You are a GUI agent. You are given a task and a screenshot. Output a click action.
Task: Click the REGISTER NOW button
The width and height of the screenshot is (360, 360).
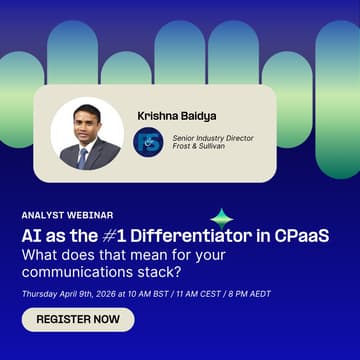pyautogui.click(x=78, y=320)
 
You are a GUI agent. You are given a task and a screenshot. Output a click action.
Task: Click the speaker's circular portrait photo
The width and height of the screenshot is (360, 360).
pyautogui.click(x=87, y=133)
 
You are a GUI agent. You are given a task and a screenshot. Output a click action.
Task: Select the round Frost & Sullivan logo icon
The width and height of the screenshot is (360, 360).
pyautogui.click(x=148, y=141)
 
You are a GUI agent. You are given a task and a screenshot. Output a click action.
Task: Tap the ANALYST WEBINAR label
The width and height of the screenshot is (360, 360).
pyautogui.click(x=67, y=214)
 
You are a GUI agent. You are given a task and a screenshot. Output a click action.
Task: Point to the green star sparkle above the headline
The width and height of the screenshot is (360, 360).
pyautogui.click(x=221, y=216)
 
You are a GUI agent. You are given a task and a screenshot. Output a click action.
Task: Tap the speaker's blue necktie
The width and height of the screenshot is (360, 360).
pyautogui.click(x=83, y=155)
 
